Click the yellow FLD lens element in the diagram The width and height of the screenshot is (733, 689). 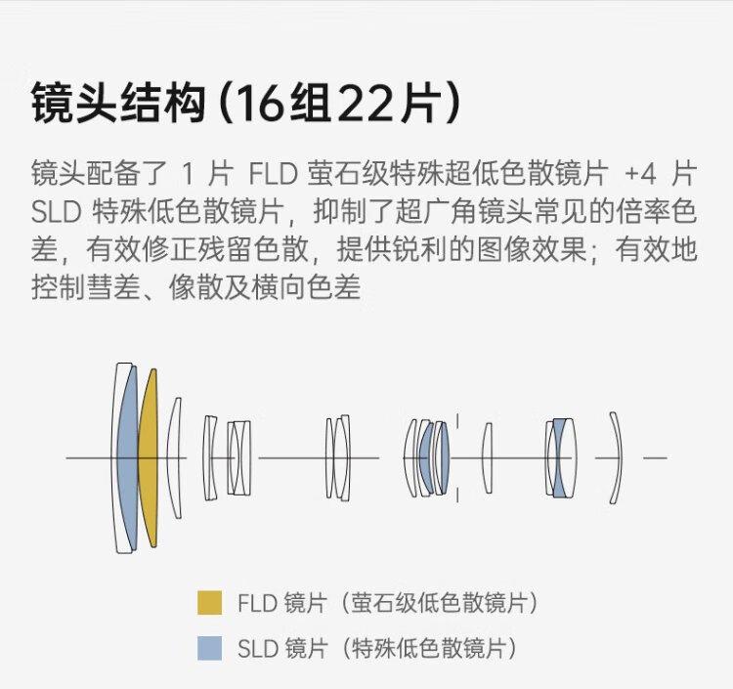148,457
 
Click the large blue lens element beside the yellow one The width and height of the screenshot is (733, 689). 127,457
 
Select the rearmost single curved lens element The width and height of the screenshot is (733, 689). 616,457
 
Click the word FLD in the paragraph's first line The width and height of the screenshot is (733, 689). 274,176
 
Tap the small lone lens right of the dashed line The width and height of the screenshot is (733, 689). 488,457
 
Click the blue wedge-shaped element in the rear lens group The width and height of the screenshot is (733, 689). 559,457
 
